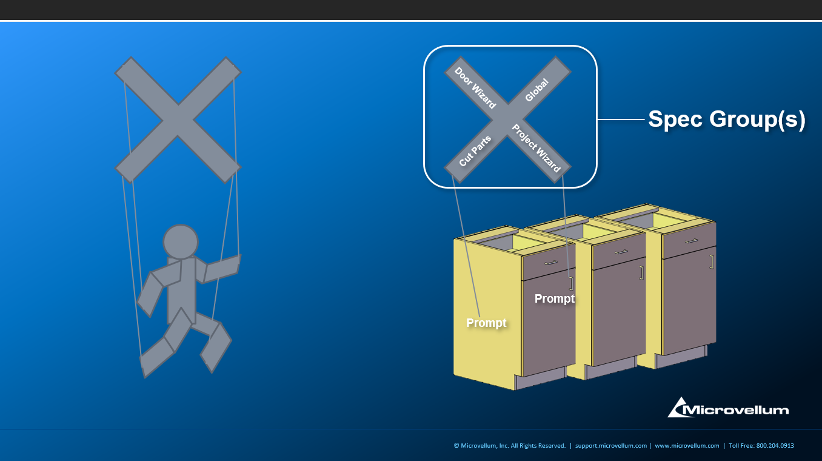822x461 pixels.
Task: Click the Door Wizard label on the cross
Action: coord(475,88)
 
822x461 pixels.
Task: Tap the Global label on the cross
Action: coord(537,90)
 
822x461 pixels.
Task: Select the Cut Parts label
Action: coord(475,150)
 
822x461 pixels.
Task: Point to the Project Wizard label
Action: coord(536,148)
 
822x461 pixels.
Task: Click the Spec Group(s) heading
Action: coord(727,119)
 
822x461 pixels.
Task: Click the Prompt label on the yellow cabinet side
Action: coord(486,323)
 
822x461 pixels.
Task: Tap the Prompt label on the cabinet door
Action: coord(555,298)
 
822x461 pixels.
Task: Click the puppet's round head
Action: coord(181,242)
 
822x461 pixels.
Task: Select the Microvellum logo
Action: coord(728,408)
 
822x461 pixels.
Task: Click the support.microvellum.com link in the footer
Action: coord(611,446)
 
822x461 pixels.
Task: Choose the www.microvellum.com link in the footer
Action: coord(687,446)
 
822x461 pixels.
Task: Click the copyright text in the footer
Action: coord(510,446)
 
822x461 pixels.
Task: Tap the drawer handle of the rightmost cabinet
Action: coord(692,241)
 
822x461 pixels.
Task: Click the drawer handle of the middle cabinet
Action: coord(621,252)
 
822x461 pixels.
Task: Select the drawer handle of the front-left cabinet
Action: coord(551,263)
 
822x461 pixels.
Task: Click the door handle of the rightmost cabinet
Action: coord(712,262)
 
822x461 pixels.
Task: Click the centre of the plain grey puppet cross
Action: coord(178,119)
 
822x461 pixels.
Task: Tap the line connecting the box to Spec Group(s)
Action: coord(621,119)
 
